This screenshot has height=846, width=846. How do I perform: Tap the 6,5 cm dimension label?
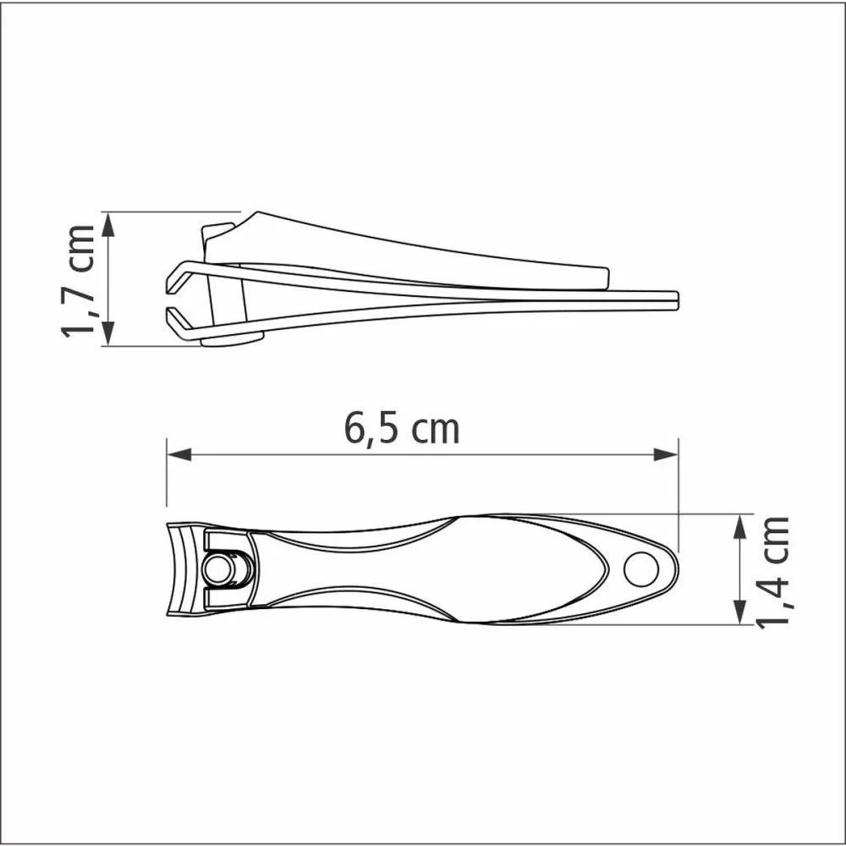pos(402,429)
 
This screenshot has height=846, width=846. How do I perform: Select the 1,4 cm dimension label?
pos(773,572)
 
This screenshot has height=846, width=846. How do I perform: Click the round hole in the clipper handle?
pos(640,568)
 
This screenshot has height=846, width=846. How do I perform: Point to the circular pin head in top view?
pos(218,569)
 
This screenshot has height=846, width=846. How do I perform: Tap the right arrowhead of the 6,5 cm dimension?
pos(667,455)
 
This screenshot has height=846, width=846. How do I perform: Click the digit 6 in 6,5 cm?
pos(354,429)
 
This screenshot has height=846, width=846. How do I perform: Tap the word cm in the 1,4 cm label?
pos(773,540)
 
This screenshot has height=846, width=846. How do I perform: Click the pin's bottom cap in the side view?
pos(232,341)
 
